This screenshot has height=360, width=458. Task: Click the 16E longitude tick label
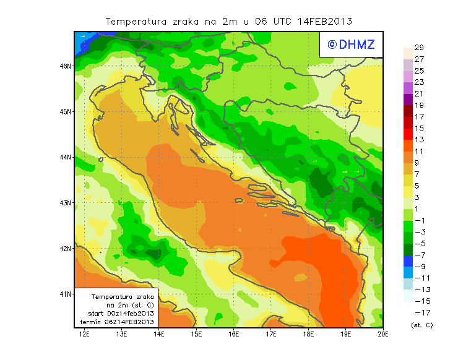(x=233, y=334)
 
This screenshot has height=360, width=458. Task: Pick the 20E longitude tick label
(x=383, y=334)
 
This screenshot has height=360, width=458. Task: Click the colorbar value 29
(x=418, y=48)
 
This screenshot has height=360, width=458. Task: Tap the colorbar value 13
(x=418, y=140)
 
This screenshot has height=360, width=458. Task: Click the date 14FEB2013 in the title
(x=325, y=21)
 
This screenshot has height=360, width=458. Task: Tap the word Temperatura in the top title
(x=136, y=21)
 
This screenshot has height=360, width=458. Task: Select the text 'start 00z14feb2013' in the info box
(x=121, y=314)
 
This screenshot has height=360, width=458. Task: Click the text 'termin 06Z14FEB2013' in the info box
(x=121, y=322)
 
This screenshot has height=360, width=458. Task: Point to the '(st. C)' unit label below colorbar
(x=421, y=325)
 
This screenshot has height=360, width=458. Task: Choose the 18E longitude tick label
(x=308, y=334)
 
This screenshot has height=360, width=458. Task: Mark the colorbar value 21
(x=418, y=94)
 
